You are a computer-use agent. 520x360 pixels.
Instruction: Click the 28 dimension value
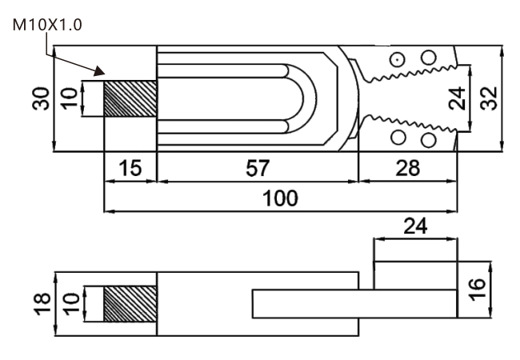[407, 168]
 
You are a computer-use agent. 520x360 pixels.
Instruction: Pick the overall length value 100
[281, 198]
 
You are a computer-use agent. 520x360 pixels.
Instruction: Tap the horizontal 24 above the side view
[415, 226]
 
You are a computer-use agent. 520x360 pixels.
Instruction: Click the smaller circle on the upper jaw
[396, 59]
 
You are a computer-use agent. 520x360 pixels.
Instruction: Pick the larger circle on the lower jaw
[428, 141]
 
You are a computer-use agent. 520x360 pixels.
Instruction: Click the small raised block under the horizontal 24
[415, 274]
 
